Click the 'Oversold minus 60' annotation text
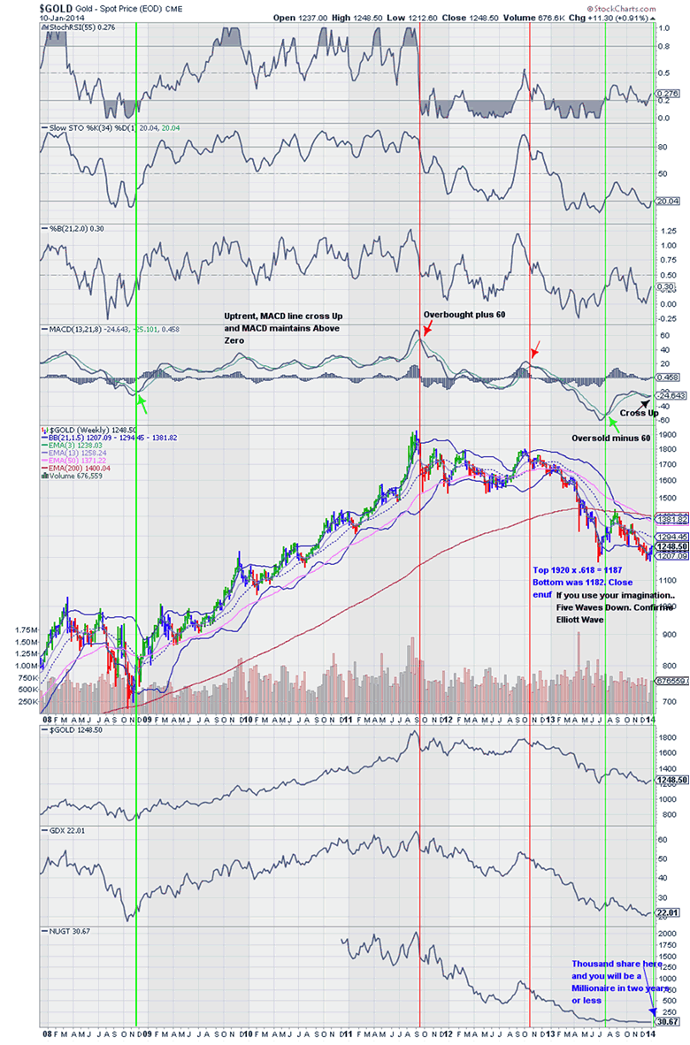(x=609, y=438)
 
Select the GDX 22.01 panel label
(x=64, y=832)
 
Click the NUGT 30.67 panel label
(x=66, y=931)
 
